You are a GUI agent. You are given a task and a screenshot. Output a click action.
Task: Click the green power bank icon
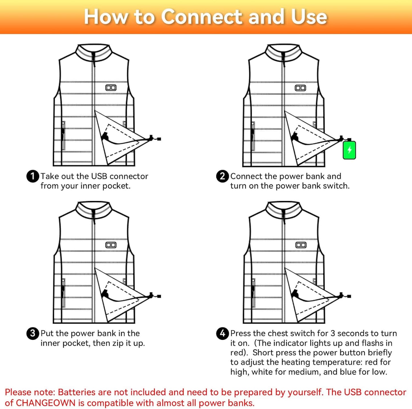point(349,150)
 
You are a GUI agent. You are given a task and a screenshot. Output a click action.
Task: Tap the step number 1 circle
point(33,176)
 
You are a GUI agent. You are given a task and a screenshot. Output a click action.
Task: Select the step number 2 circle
point(222,176)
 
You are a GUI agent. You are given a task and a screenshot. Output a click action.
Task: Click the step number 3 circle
point(33,333)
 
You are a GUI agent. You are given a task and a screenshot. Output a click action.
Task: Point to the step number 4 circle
point(222,333)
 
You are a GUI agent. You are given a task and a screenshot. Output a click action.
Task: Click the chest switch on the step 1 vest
point(111,88)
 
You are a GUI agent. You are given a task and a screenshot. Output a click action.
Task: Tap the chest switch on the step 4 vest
point(301,245)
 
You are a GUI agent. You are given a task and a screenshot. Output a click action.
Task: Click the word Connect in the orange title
point(202,17)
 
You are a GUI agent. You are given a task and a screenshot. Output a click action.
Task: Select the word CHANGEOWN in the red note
point(46,403)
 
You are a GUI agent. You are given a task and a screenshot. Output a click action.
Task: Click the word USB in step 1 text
point(99,176)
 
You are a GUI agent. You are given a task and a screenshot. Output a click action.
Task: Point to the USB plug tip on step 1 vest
point(159,139)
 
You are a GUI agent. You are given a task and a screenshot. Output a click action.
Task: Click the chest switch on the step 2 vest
point(300,88)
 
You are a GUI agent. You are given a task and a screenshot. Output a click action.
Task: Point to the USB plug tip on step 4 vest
point(349,296)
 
